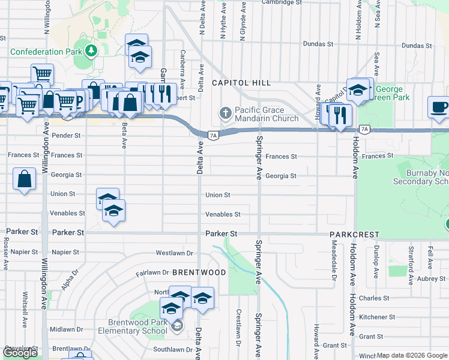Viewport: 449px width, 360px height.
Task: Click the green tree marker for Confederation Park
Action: (91, 51)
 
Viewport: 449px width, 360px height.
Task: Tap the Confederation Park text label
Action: (46, 52)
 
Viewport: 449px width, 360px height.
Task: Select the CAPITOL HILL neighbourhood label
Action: (241, 83)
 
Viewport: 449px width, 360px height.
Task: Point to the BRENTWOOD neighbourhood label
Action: (199, 272)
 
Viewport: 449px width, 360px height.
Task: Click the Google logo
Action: (20, 353)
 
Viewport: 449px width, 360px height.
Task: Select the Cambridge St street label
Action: (282, 2)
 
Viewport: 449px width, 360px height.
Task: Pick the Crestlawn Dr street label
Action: (238, 322)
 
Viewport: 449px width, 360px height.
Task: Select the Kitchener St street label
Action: (376, 317)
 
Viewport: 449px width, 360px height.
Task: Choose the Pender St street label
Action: (66, 136)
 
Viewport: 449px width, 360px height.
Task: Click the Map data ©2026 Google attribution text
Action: (412, 355)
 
